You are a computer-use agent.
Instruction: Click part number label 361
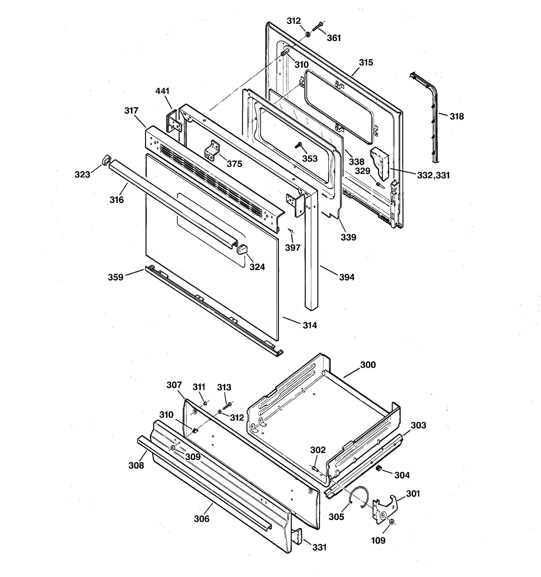334,38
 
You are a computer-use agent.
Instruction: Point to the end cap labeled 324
242,249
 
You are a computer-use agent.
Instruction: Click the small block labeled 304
379,468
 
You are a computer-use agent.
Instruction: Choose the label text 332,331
433,175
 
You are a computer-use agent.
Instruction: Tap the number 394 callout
347,277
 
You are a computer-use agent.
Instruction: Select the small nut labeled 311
205,404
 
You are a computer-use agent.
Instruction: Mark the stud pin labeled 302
315,468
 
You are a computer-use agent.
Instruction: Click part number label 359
116,277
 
